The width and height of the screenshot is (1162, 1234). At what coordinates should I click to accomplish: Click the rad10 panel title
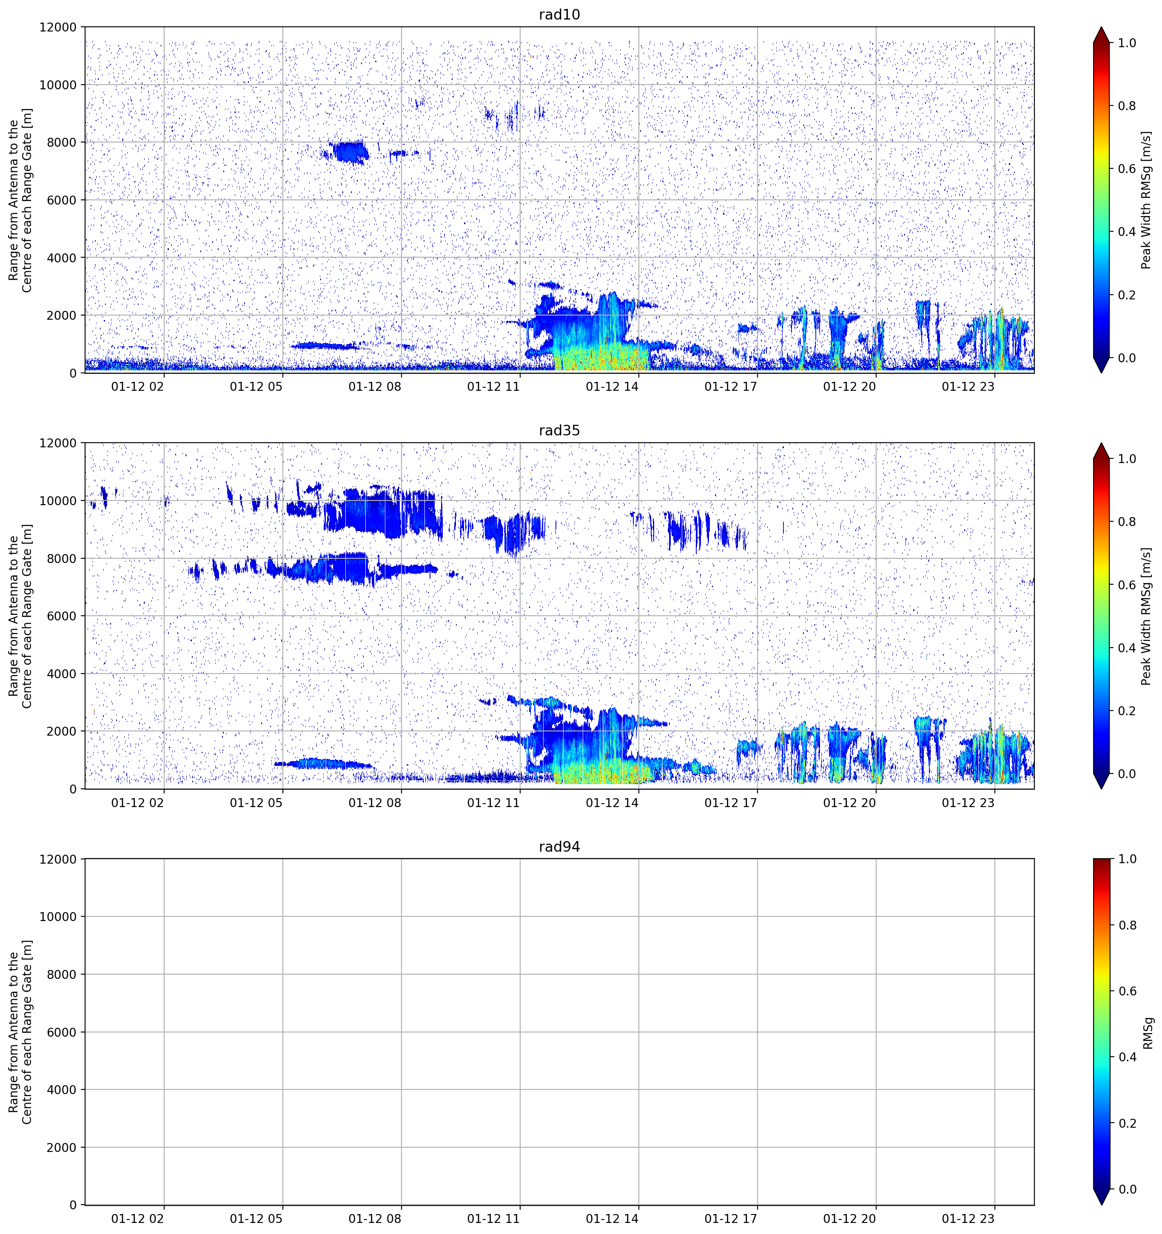(559, 14)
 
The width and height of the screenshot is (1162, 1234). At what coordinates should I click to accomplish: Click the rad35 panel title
(559, 430)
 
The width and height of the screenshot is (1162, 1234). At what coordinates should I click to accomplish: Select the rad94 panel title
(559, 847)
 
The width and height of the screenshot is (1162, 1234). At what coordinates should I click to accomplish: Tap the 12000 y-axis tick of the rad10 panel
(58, 27)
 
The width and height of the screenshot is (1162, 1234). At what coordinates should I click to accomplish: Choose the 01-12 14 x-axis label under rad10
(612, 387)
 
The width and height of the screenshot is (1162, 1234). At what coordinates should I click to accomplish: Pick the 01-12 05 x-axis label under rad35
(256, 802)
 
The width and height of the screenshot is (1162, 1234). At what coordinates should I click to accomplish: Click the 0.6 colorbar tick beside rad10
(1127, 169)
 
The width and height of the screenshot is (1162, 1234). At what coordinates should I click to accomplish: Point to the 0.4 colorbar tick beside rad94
(1127, 1057)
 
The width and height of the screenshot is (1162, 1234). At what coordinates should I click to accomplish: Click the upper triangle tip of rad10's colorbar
(1101, 27)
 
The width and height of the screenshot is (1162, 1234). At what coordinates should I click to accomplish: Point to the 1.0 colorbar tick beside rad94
(1127, 859)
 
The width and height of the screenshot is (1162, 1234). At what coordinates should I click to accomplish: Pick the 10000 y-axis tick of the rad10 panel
(58, 85)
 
